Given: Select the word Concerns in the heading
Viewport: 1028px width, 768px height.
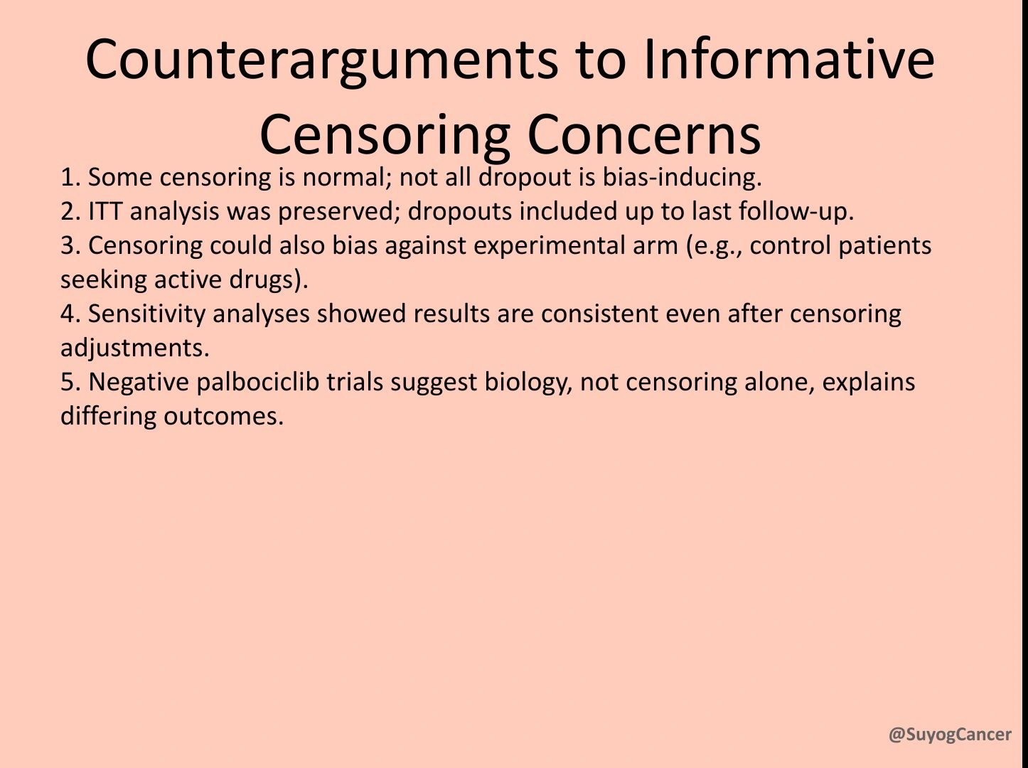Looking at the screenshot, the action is (643, 134).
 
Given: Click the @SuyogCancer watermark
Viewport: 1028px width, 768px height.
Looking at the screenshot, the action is (950, 735).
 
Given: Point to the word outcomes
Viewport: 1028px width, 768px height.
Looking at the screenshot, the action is (223, 416).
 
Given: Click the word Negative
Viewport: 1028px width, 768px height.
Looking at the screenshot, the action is (138, 382).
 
